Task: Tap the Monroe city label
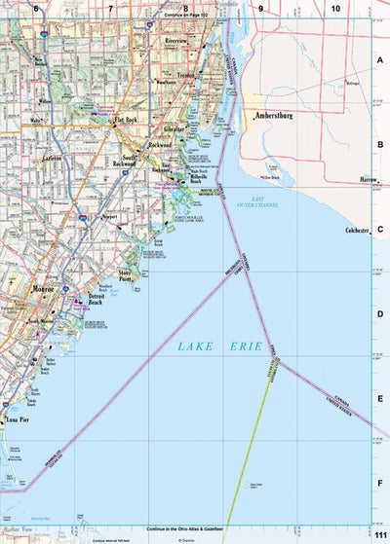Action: click(45, 289)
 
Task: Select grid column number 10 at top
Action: click(335, 9)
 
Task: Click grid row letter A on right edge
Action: click(381, 58)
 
